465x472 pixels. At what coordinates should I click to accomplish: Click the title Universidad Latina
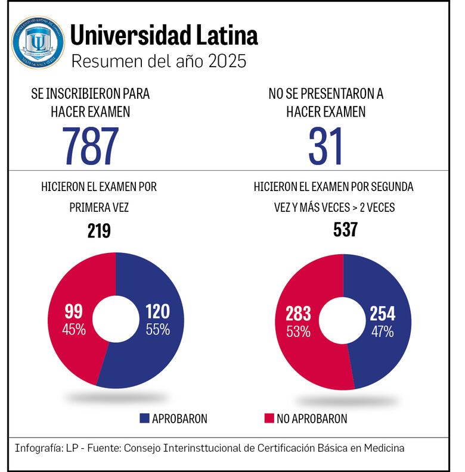(x=164, y=36)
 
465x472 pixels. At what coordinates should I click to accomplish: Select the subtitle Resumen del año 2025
(x=158, y=61)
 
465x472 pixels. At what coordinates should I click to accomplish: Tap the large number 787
(x=91, y=146)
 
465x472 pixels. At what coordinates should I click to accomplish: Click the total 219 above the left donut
(x=99, y=230)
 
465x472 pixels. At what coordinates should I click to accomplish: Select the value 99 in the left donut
(x=74, y=312)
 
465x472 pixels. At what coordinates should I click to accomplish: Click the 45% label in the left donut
(x=75, y=329)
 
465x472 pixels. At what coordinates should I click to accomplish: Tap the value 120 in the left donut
(x=157, y=312)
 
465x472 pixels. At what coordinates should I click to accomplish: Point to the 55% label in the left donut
(x=158, y=329)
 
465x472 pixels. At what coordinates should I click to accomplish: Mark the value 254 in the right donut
(x=382, y=315)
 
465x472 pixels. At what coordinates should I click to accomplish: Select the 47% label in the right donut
(x=382, y=332)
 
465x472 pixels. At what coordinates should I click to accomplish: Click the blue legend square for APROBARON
(x=144, y=418)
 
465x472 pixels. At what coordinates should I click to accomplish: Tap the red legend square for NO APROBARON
(x=268, y=418)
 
